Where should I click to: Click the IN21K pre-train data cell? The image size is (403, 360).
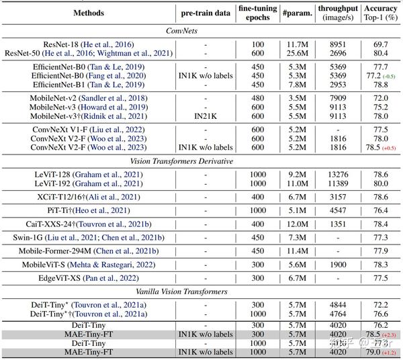[x=206, y=116]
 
